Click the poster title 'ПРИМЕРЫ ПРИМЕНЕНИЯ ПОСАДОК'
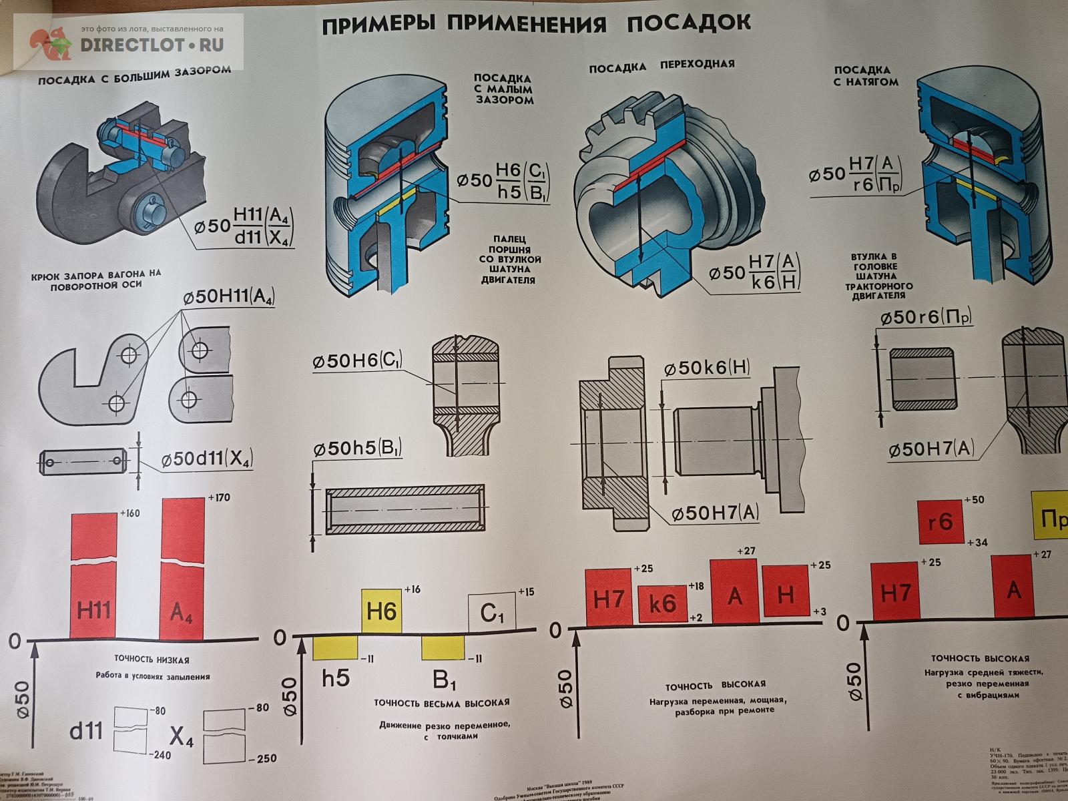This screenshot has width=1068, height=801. click(536, 24)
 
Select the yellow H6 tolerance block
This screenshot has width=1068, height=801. click(382, 611)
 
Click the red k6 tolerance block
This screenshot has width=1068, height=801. click(662, 603)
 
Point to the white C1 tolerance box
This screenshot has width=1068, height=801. click(493, 612)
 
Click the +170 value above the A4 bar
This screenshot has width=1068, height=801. click(219, 497)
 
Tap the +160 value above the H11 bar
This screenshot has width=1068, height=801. click(130, 513)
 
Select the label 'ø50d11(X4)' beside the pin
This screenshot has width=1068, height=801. click(206, 459)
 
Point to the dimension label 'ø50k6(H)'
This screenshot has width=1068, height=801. click(708, 367)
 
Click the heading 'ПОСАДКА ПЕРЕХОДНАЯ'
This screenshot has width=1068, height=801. click(661, 65)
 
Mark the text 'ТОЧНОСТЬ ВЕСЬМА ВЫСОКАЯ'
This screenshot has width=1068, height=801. click(441, 702)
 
